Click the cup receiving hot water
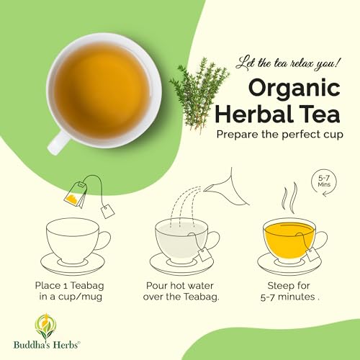(x=180, y=238)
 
